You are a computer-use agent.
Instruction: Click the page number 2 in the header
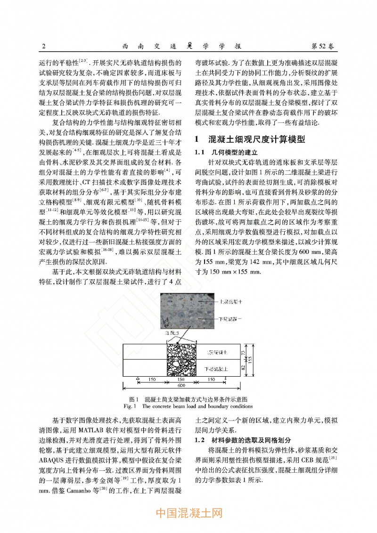(x=43, y=46)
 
